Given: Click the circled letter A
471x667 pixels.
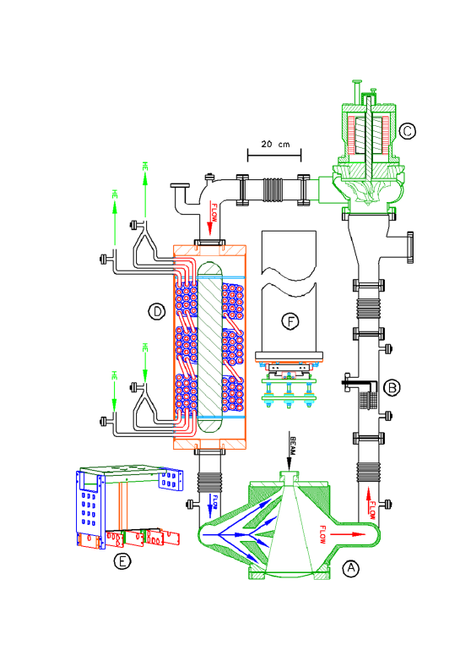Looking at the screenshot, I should point(351,569).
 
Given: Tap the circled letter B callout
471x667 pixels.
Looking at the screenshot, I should point(392,388).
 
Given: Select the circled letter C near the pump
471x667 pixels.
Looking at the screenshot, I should point(407,130).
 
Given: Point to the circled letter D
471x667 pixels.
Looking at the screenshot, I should point(156,313).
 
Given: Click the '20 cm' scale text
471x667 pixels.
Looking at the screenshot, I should point(275,145).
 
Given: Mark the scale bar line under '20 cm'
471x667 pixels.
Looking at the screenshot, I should point(275,155).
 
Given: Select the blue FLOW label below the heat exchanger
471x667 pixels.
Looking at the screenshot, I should point(213,501).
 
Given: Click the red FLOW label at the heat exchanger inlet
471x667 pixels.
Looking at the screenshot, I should point(214,212).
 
